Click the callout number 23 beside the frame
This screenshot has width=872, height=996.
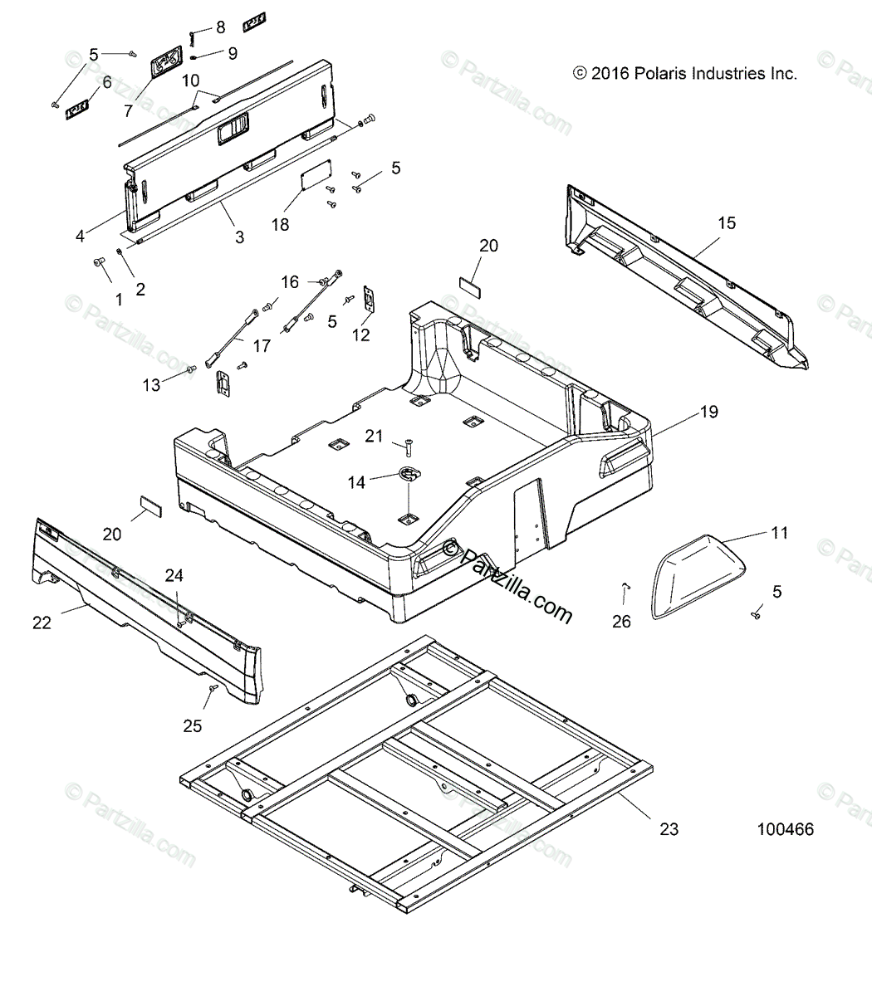669,828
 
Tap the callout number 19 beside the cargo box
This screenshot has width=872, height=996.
708,412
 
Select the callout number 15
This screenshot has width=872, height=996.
727,222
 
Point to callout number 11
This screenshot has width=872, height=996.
779,533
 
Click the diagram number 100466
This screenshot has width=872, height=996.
785,829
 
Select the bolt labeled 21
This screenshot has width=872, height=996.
408,448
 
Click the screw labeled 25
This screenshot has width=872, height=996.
213,688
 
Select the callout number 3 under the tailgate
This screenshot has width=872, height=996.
239,237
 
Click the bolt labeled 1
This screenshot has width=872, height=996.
100,264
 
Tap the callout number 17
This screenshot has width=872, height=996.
262,345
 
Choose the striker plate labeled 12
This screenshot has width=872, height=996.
370,299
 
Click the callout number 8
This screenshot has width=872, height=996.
220,27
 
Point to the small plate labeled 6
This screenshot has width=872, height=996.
78,108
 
